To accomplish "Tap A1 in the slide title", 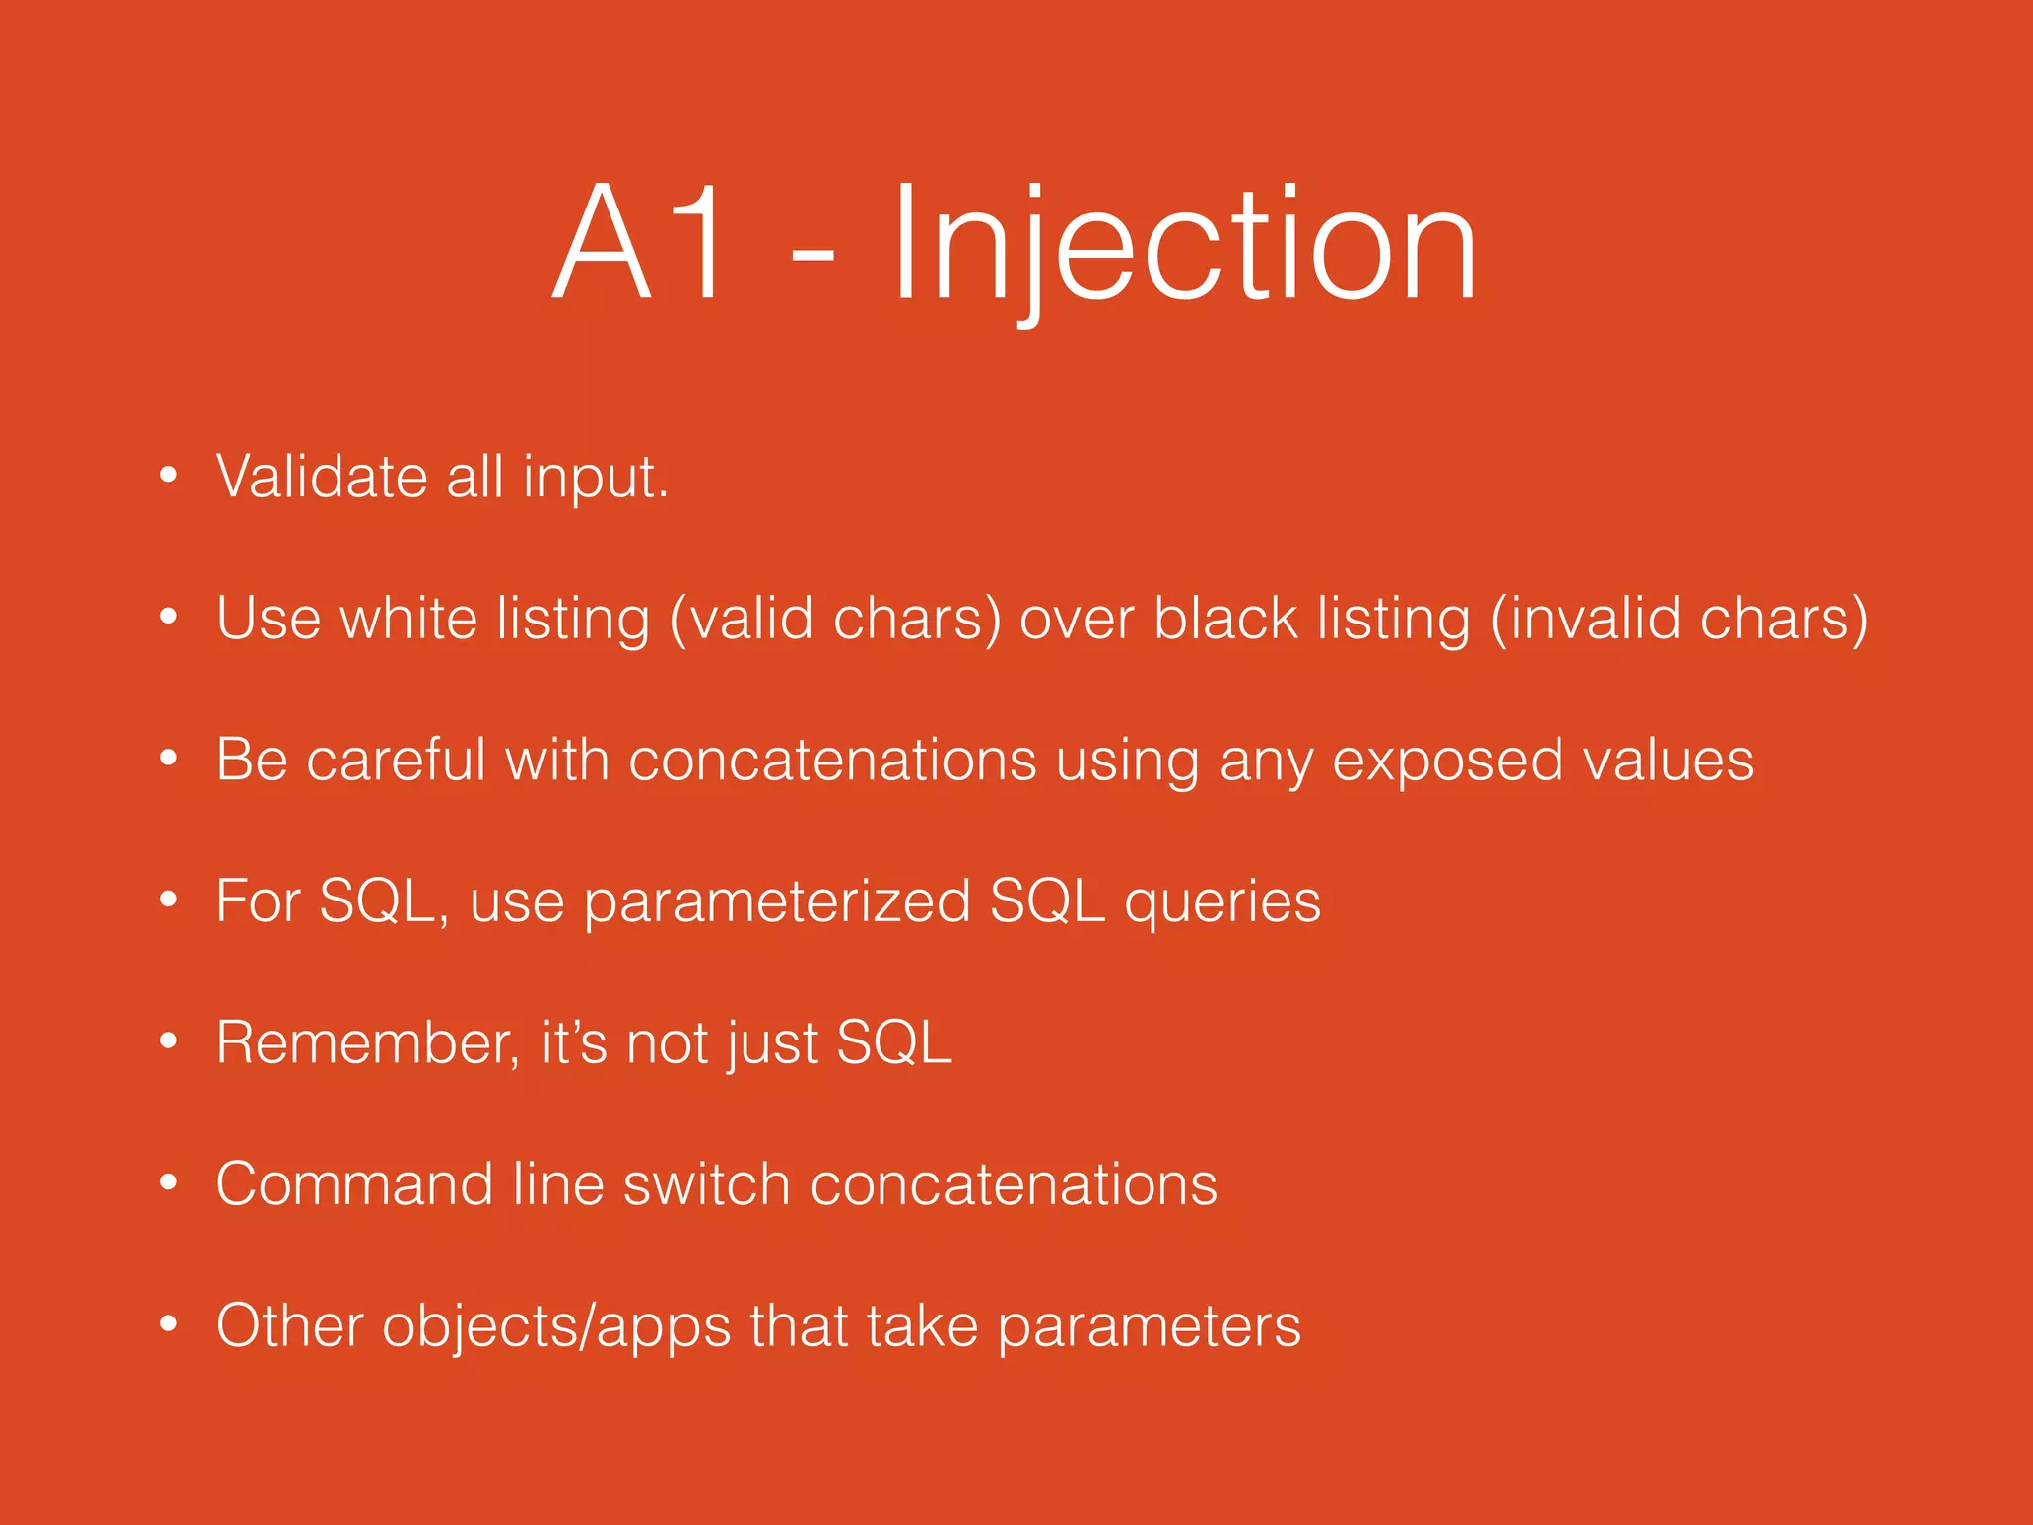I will [x=640, y=243].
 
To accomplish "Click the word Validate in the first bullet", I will [x=321, y=477].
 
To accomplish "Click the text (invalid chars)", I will [x=1680, y=619].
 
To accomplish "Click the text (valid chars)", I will [x=835, y=619].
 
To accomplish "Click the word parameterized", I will [x=776, y=902].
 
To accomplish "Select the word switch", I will [x=706, y=1184].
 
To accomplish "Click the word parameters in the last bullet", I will [x=1149, y=1327].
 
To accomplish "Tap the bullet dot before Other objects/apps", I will [x=169, y=1323].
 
